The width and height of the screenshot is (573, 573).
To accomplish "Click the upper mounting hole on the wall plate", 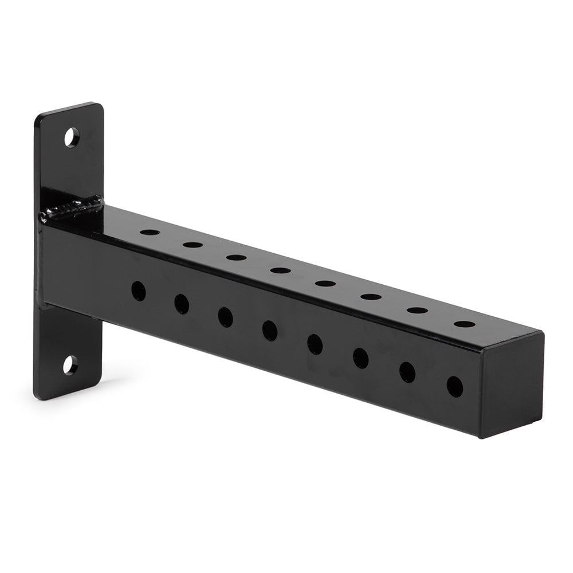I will coord(72,138).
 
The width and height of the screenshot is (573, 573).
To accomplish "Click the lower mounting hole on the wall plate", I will coord(70,365).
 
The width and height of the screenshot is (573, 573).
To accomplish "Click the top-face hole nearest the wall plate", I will coord(150,233).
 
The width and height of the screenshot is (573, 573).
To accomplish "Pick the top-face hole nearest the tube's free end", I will coord(464,324).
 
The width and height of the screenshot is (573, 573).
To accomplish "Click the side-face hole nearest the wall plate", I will coord(138,291).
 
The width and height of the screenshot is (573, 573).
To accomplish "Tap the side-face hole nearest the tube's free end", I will coord(454,387).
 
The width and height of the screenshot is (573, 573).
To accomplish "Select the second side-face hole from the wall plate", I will coord(182,304).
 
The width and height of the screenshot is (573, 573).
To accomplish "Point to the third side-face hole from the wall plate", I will coord(225,317).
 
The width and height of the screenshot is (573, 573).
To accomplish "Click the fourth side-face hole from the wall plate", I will coord(269,330).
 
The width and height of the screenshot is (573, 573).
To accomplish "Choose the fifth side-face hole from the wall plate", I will coord(315,344).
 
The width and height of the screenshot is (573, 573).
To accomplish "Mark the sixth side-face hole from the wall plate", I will coord(360,358).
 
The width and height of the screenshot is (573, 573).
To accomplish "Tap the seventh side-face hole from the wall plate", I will coord(407,372).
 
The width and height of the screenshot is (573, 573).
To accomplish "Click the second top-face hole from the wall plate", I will coord(193,245).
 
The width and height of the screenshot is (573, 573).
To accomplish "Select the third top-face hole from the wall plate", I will coord(236,257).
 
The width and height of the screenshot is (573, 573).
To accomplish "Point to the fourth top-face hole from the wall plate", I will coord(280,270).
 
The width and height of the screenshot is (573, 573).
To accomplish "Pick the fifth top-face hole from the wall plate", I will coord(325,283).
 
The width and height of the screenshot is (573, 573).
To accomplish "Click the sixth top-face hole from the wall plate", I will coord(371,297).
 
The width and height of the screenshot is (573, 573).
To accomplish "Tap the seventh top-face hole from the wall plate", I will coord(417,311).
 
